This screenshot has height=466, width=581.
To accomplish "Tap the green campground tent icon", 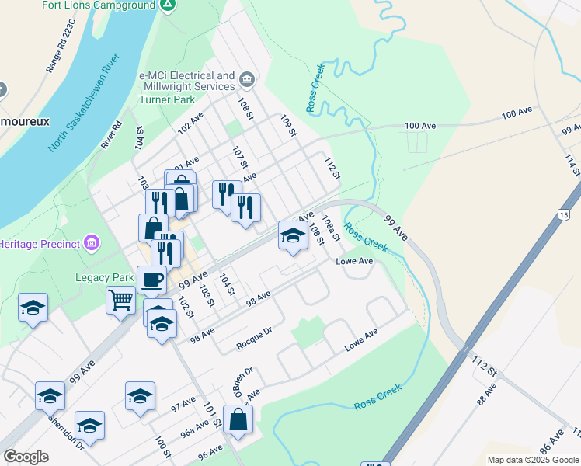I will click(167, 5).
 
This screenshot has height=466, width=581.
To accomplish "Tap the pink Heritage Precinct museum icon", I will click(92, 244).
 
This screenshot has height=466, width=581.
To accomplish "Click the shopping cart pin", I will click(121, 299).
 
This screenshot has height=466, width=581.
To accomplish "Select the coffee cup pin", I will click(151, 279).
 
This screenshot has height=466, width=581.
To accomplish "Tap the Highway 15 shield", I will click(564, 214).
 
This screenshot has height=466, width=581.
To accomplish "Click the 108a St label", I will click(332, 228).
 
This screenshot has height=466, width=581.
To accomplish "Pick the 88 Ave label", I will click(486, 396).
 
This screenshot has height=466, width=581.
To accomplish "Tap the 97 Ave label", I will click(183, 405).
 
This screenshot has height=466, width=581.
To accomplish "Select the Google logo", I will click(26, 457).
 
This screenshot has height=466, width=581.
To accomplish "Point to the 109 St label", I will click(288, 126).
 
